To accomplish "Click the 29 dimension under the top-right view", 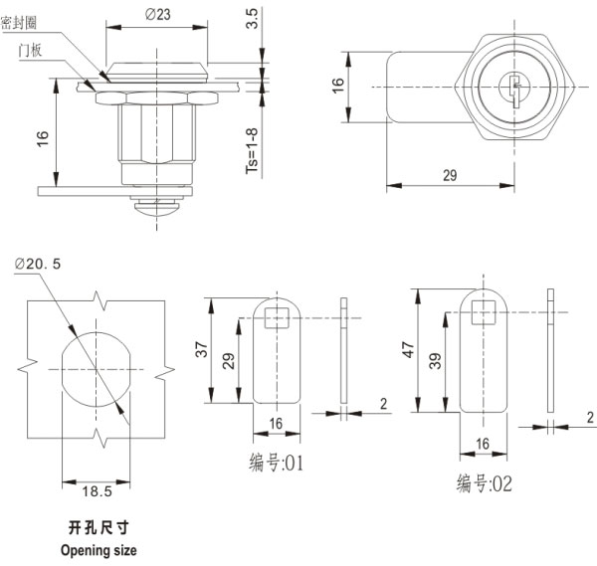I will point(449,175).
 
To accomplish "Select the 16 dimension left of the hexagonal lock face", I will point(337,87).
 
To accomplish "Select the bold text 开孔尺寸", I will point(98,527).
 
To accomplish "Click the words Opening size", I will point(98,549).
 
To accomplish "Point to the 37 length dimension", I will point(202,350).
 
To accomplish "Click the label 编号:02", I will point(486,483).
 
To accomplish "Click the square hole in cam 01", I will point(275,317).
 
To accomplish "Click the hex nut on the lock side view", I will point(157,96).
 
